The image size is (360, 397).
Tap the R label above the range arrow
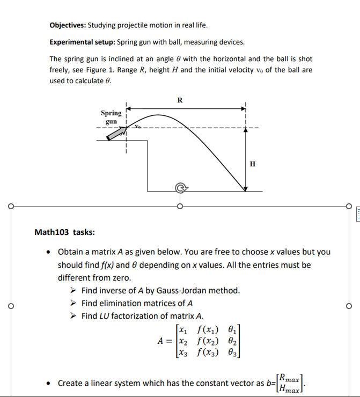pos(180,100)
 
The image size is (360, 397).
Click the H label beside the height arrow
pos(253,163)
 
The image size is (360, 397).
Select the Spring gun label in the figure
pos(111,117)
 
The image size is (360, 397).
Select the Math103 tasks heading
pos(65,232)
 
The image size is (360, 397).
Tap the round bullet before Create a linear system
pos(49,384)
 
